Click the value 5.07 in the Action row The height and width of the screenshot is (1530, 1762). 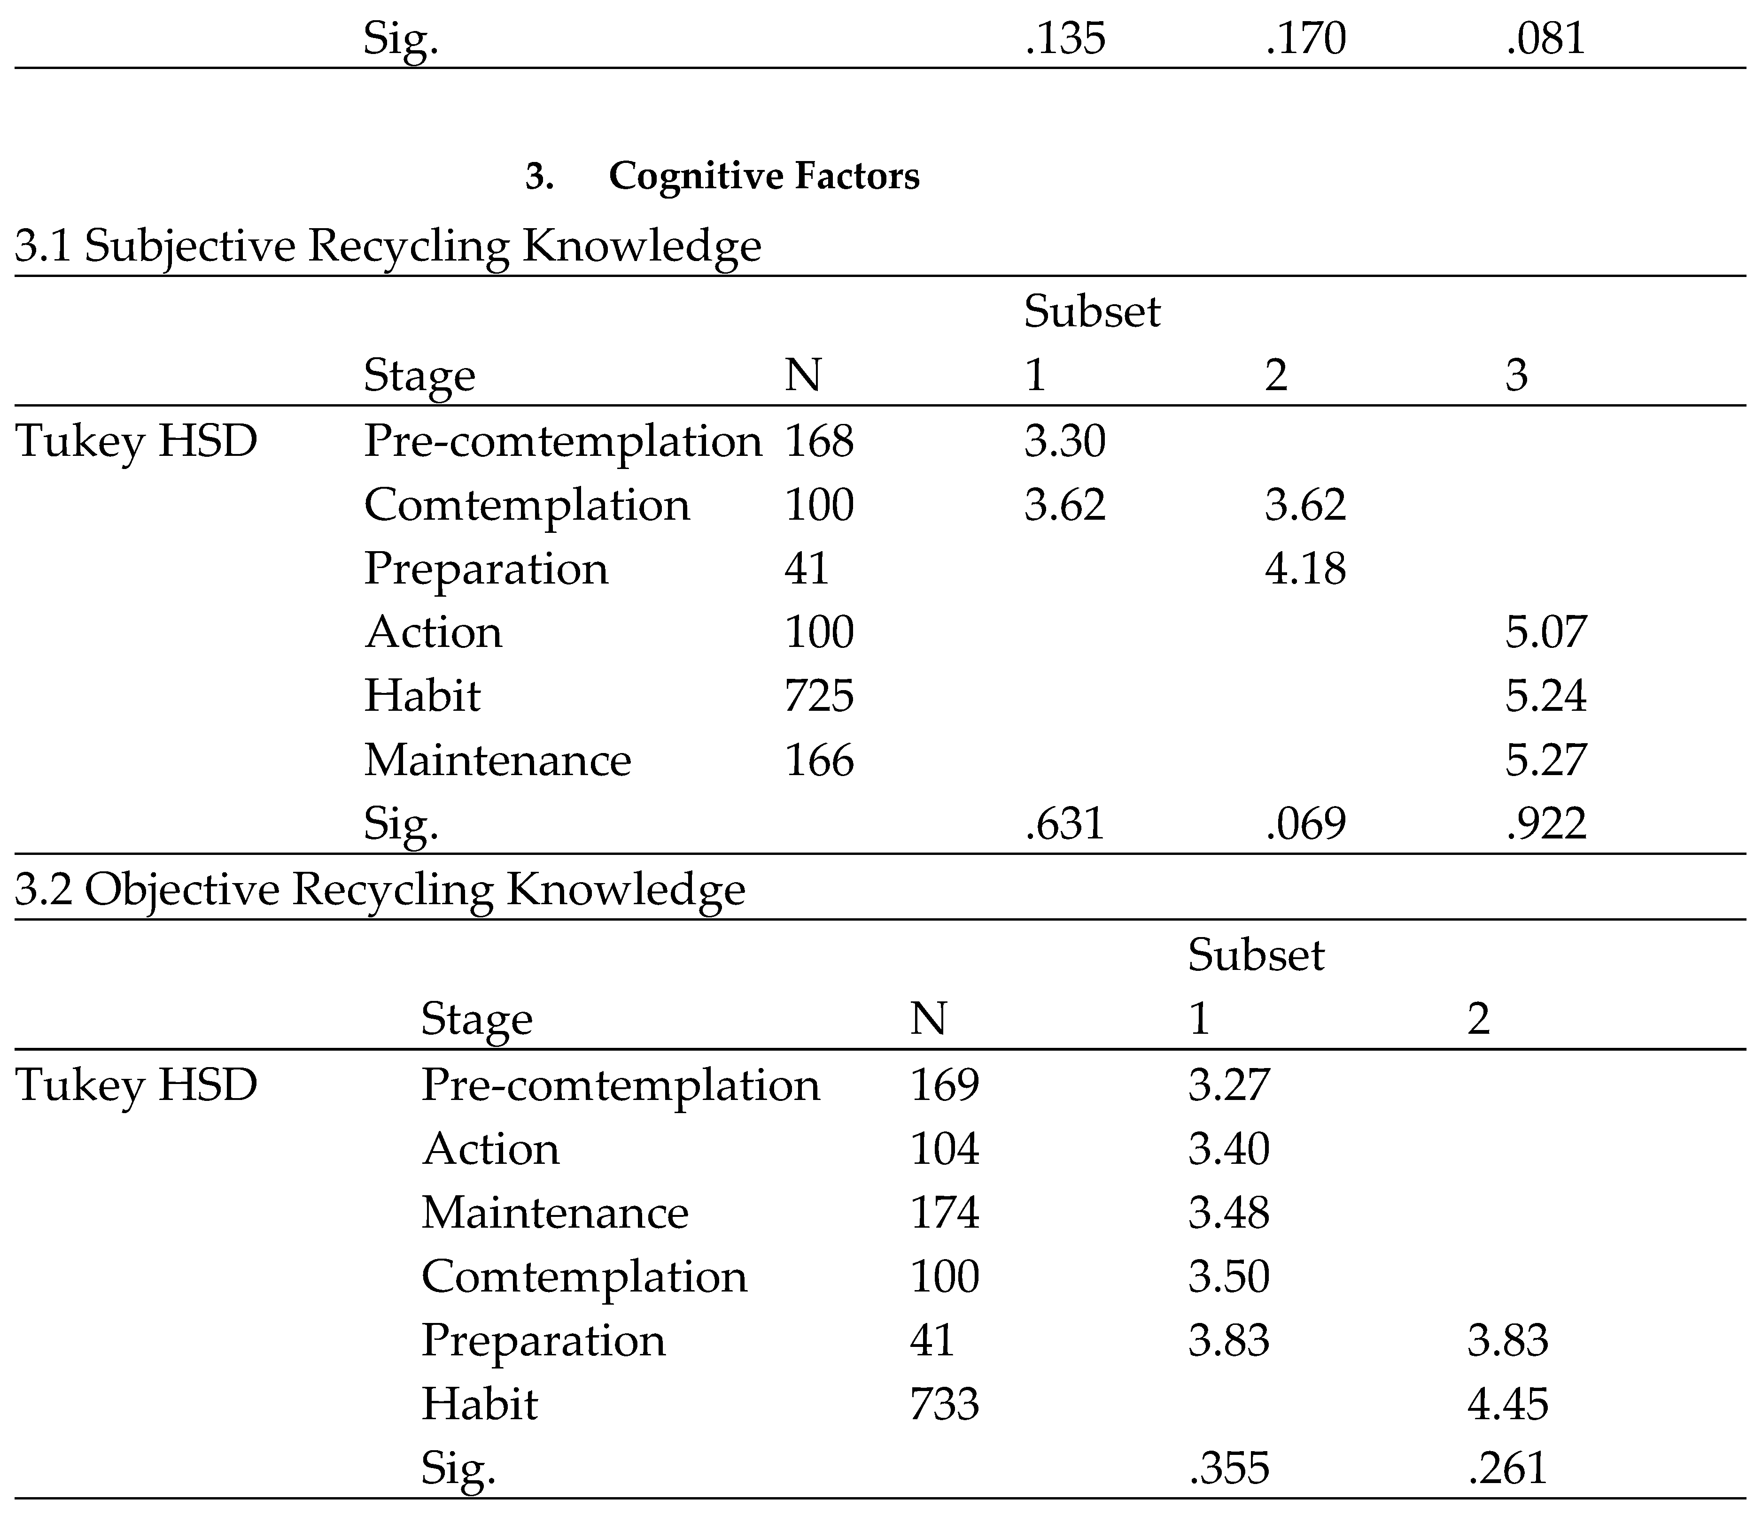[x=1545, y=633]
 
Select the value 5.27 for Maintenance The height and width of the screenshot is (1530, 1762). [x=1545, y=760]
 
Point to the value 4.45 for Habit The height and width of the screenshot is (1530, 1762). [x=1507, y=1405]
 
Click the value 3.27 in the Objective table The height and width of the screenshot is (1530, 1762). [x=1228, y=1085]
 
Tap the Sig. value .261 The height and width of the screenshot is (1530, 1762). [x=1507, y=1468]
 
